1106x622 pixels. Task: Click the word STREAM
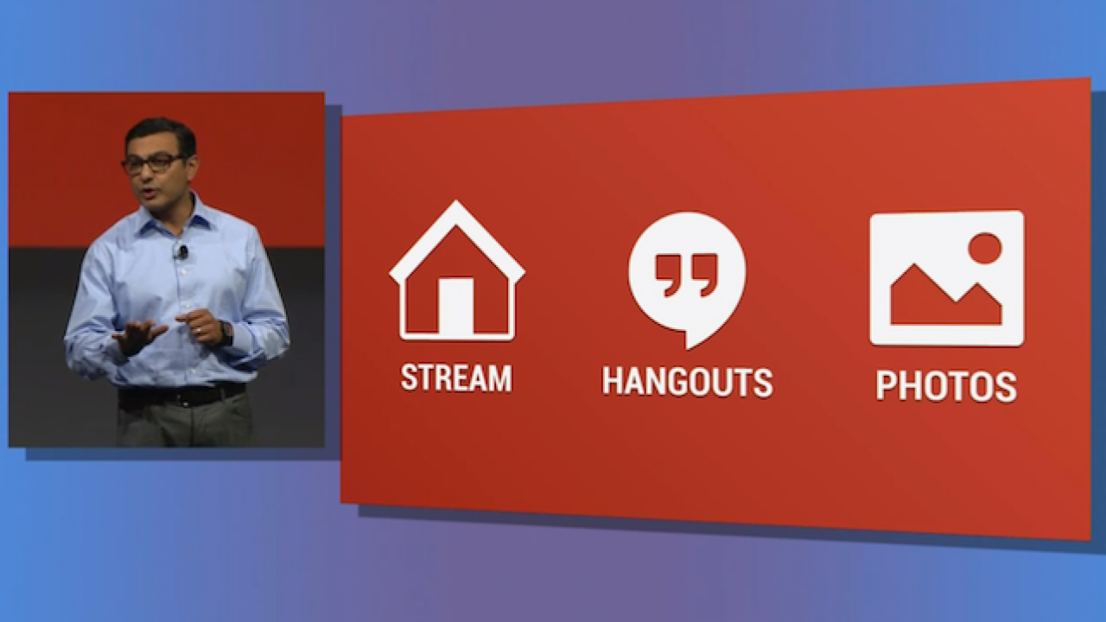(x=456, y=378)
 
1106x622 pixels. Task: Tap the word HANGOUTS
(x=687, y=382)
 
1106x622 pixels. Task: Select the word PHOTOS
(x=946, y=386)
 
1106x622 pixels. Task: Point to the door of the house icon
(x=455, y=306)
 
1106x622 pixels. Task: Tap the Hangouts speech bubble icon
(x=687, y=275)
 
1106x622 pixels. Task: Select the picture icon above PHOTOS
(x=946, y=277)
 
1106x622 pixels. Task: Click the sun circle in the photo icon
(x=984, y=248)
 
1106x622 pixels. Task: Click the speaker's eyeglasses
(x=153, y=162)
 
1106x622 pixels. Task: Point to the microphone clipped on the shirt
(x=182, y=252)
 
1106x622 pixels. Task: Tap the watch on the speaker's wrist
(x=226, y=332)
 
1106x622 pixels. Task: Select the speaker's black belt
(x=181, y=397)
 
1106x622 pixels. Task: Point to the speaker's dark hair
(x=161, y=132)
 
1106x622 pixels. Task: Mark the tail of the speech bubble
(x=692, y=338)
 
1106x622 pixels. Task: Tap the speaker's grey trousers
(x=186, y=425)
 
